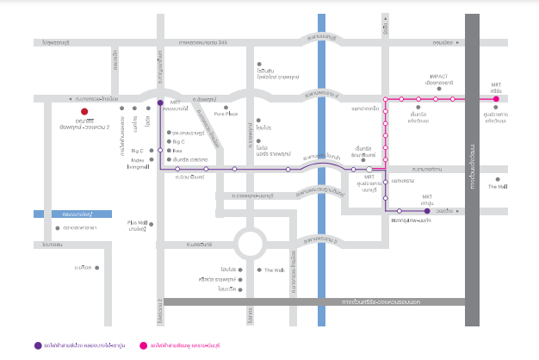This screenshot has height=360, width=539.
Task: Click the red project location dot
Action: [84, 111]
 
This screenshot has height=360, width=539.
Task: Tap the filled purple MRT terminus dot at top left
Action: [159, 103]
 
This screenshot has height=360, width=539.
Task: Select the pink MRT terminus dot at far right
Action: [496, 99]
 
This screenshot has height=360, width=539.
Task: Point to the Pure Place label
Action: [226, 113]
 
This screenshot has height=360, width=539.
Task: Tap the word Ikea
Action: [177, 150]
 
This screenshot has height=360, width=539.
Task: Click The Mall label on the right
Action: [498, 185]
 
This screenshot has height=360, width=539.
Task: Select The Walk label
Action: [274, 270]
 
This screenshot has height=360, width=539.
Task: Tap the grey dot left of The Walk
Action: [259, 270]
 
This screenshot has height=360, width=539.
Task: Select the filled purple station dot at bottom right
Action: [427, 209]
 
